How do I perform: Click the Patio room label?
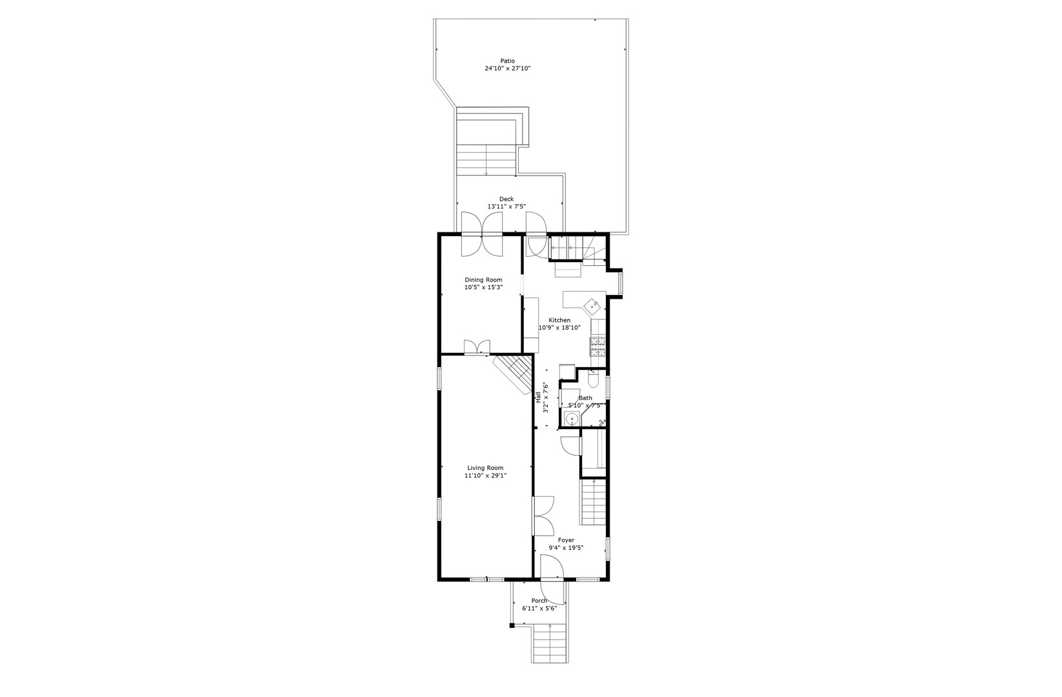click(x=507, y=61)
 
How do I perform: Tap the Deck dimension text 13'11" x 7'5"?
click(x=506, y=207)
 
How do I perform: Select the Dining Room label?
click(x=483, y=280)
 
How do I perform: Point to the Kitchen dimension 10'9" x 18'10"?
click(x=559, y=328)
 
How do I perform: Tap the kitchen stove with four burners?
click(x=598, y=347)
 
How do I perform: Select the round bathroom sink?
click(x=571, y=419)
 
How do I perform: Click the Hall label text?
click(x=538, y=398)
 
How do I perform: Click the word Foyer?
click(x=566, y=540)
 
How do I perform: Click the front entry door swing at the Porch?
click(x=552, y=579)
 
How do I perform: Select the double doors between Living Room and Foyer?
click(x=543, y=515)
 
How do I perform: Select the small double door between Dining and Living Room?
click(x=477, y=347)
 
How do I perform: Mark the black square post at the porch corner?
click(x=511, y=625)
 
